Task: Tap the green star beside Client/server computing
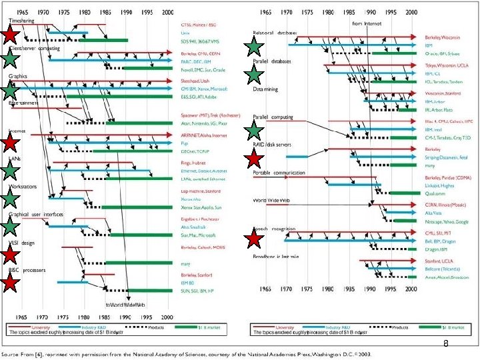(x=10, y=59)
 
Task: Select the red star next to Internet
(x=10, y=142)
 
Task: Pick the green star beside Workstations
(x=10, y=199)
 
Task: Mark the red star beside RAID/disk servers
(x=253, y=159)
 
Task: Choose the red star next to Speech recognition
(x=253, y=238)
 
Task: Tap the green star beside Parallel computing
(x=253, y=129)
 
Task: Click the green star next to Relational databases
(x=253, y=47)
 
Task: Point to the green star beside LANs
(x=10, y=171)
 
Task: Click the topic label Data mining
(x=265, y=89)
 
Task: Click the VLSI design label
(x=21, y=243)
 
